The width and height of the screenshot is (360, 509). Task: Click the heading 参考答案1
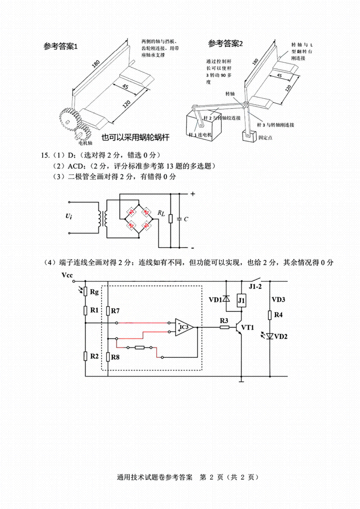(61, 47)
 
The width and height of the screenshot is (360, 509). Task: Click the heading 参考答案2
(225, 44)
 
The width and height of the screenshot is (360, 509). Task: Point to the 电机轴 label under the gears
(85, 143)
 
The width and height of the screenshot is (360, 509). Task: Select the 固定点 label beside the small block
(265, 138)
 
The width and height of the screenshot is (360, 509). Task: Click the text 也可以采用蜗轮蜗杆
(135, 137)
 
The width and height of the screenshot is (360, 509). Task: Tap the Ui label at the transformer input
(69, 216)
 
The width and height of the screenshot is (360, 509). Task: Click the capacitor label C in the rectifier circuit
(186, 219)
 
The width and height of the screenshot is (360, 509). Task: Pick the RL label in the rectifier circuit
(161, 213)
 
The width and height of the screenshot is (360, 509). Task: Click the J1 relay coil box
(241, 300)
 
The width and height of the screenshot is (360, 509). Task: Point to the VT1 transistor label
(248, 327)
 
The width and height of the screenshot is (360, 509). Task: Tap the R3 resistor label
(224, 321)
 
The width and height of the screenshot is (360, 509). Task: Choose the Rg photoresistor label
(94, 292)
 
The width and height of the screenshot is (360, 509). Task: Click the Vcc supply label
(67, 275)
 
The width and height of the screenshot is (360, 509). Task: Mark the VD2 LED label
(281, 337)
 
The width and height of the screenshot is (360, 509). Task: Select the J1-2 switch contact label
(255, 287)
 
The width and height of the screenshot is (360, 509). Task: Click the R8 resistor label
(115, 357)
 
